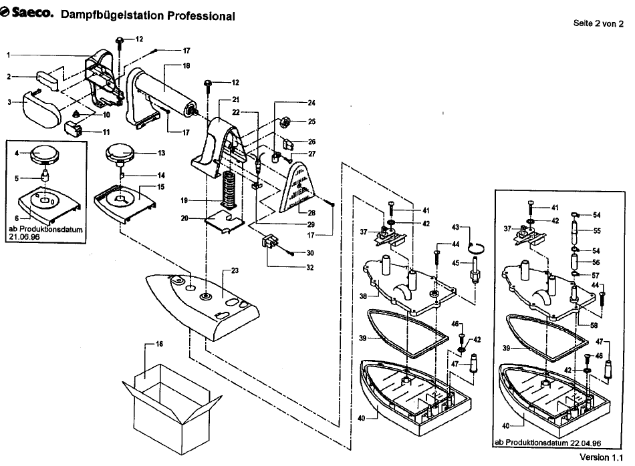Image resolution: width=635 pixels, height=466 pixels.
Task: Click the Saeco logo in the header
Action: (27, 13)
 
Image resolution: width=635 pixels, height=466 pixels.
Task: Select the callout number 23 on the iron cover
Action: (235, 270)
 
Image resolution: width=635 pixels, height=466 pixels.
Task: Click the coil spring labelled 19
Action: (227, 190)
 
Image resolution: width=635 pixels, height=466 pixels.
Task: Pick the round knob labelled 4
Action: (45, 154)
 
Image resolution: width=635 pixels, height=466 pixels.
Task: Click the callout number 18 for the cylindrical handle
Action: (186, 65)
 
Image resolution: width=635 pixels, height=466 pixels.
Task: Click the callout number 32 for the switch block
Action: (309, 268)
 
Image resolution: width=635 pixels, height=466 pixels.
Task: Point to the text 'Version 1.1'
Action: (602, 457)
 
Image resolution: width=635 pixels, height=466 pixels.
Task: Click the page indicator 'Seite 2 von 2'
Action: (598, 23)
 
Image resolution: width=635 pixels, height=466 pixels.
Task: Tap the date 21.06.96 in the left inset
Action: (24, 236)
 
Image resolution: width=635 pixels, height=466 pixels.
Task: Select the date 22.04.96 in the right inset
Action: (586, 443)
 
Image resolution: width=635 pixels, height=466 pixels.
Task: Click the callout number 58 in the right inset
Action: (594, 325)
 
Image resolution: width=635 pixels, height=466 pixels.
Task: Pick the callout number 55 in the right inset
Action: (597, 230)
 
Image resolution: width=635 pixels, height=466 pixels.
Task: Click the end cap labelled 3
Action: (41, 107)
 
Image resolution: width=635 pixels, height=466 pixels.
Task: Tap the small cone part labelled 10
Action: (76, 114)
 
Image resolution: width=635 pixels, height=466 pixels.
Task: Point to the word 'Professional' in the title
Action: (201, 16)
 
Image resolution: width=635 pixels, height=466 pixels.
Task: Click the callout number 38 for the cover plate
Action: (363, 296)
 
